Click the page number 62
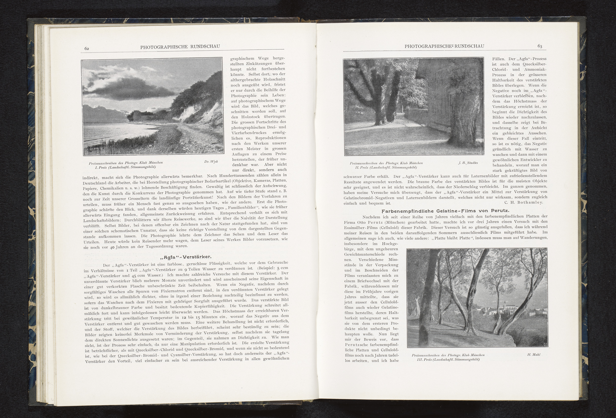coord(86,48)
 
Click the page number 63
coord(540,46)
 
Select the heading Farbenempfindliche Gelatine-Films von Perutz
coord(445,211)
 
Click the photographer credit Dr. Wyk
coord(211,161)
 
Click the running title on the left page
coord(180,47)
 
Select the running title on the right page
coord(444,46)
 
